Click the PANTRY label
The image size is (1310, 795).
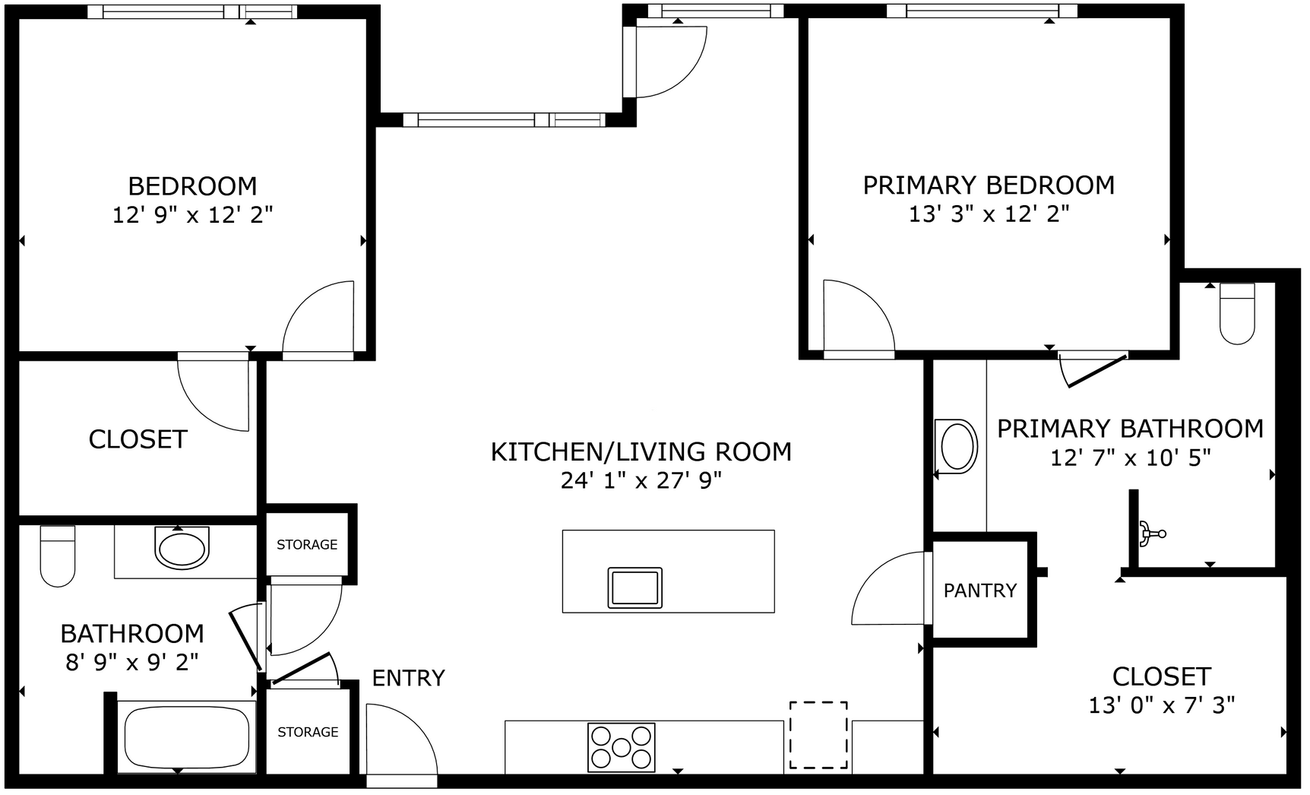979,591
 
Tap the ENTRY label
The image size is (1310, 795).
408,678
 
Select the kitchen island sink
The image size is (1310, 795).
634,588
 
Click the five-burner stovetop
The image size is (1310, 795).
621,747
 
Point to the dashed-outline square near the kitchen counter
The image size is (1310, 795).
818,734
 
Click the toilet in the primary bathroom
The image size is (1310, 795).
1236,313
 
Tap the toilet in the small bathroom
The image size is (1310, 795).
58,556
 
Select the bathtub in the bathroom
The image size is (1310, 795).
186,737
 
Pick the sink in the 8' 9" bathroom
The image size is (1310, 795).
181,548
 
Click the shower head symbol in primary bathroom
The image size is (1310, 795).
1150,533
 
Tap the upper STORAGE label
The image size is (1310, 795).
307,545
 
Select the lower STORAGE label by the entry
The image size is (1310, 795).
308,732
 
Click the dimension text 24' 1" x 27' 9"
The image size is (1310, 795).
641,481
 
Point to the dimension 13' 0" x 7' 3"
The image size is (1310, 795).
1161,706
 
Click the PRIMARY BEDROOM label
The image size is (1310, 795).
989,185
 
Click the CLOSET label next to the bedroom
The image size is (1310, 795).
138,439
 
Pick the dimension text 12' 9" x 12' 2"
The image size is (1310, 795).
192,215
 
